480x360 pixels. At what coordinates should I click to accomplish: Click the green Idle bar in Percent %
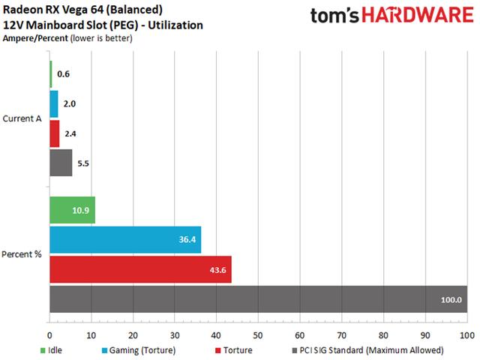tap(72, 210)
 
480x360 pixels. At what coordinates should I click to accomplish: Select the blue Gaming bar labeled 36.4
tap(125, 240)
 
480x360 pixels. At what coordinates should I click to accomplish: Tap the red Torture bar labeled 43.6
tap(140, 269)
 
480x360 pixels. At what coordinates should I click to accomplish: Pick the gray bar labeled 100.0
tap(258, 298)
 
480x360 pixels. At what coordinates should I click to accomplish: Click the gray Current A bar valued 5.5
tap(61, 163)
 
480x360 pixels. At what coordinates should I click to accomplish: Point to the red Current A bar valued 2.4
tap(54, 133)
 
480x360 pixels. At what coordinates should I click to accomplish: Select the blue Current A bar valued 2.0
tap(53, 104)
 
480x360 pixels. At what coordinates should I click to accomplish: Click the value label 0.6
tap(62, 75)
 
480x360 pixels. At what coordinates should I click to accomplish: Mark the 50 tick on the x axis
tap(258, 334)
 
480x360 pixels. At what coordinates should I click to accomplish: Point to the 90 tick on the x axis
tap(425, 334)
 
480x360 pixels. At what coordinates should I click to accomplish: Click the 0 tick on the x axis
tap(49, 334)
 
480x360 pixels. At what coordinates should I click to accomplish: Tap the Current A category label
tap(22, 118)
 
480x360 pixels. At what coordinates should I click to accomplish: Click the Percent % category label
tap(22, 254)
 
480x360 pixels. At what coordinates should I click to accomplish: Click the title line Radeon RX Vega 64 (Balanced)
tap(84, 10)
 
